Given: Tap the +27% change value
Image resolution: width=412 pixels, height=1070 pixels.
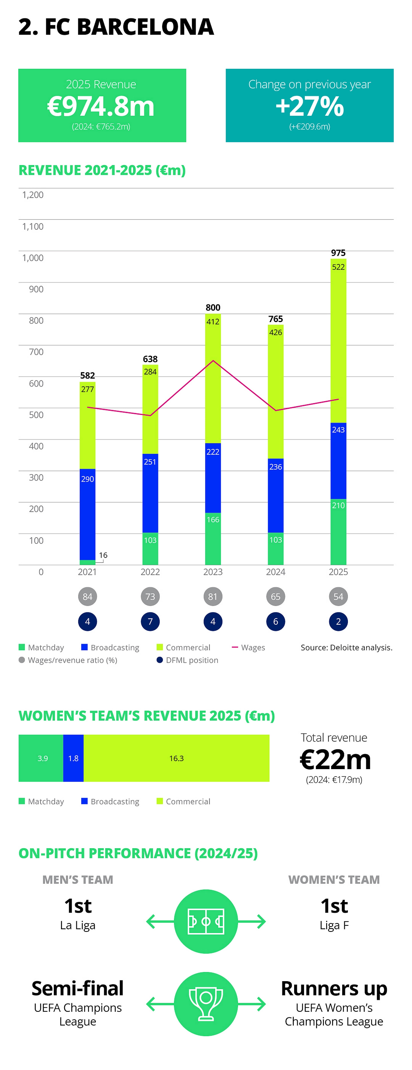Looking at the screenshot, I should click(x=310, y=106).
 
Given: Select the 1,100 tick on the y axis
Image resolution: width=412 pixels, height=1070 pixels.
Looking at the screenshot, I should click(x=33, y=226).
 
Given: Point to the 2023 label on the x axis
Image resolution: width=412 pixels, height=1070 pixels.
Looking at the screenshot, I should click(x=213, y=572).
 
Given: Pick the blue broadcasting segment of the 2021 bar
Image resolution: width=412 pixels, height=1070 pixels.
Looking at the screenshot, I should click(x=88, y=515).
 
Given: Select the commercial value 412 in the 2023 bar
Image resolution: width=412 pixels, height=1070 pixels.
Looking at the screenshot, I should click(x=213, y=322).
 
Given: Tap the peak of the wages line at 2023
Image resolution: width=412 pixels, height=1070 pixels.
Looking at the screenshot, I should click(x=213, y=360).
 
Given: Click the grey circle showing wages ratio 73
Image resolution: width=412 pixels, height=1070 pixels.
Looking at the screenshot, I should click(x=150, y=597).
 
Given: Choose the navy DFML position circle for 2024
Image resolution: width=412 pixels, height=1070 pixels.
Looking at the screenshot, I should click(x=276, y=622).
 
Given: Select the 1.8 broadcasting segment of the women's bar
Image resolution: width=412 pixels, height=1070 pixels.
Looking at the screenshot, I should click(x=74, y=758).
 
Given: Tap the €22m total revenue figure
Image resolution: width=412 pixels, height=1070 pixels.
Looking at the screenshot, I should click(x=335, y=760).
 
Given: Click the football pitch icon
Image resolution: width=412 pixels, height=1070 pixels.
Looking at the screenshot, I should click(x=206, y=921).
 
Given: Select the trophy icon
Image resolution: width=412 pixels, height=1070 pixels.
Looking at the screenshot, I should click(x=206, y=1004).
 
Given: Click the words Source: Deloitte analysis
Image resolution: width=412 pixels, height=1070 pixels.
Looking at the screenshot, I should click(x=346, y=648).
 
